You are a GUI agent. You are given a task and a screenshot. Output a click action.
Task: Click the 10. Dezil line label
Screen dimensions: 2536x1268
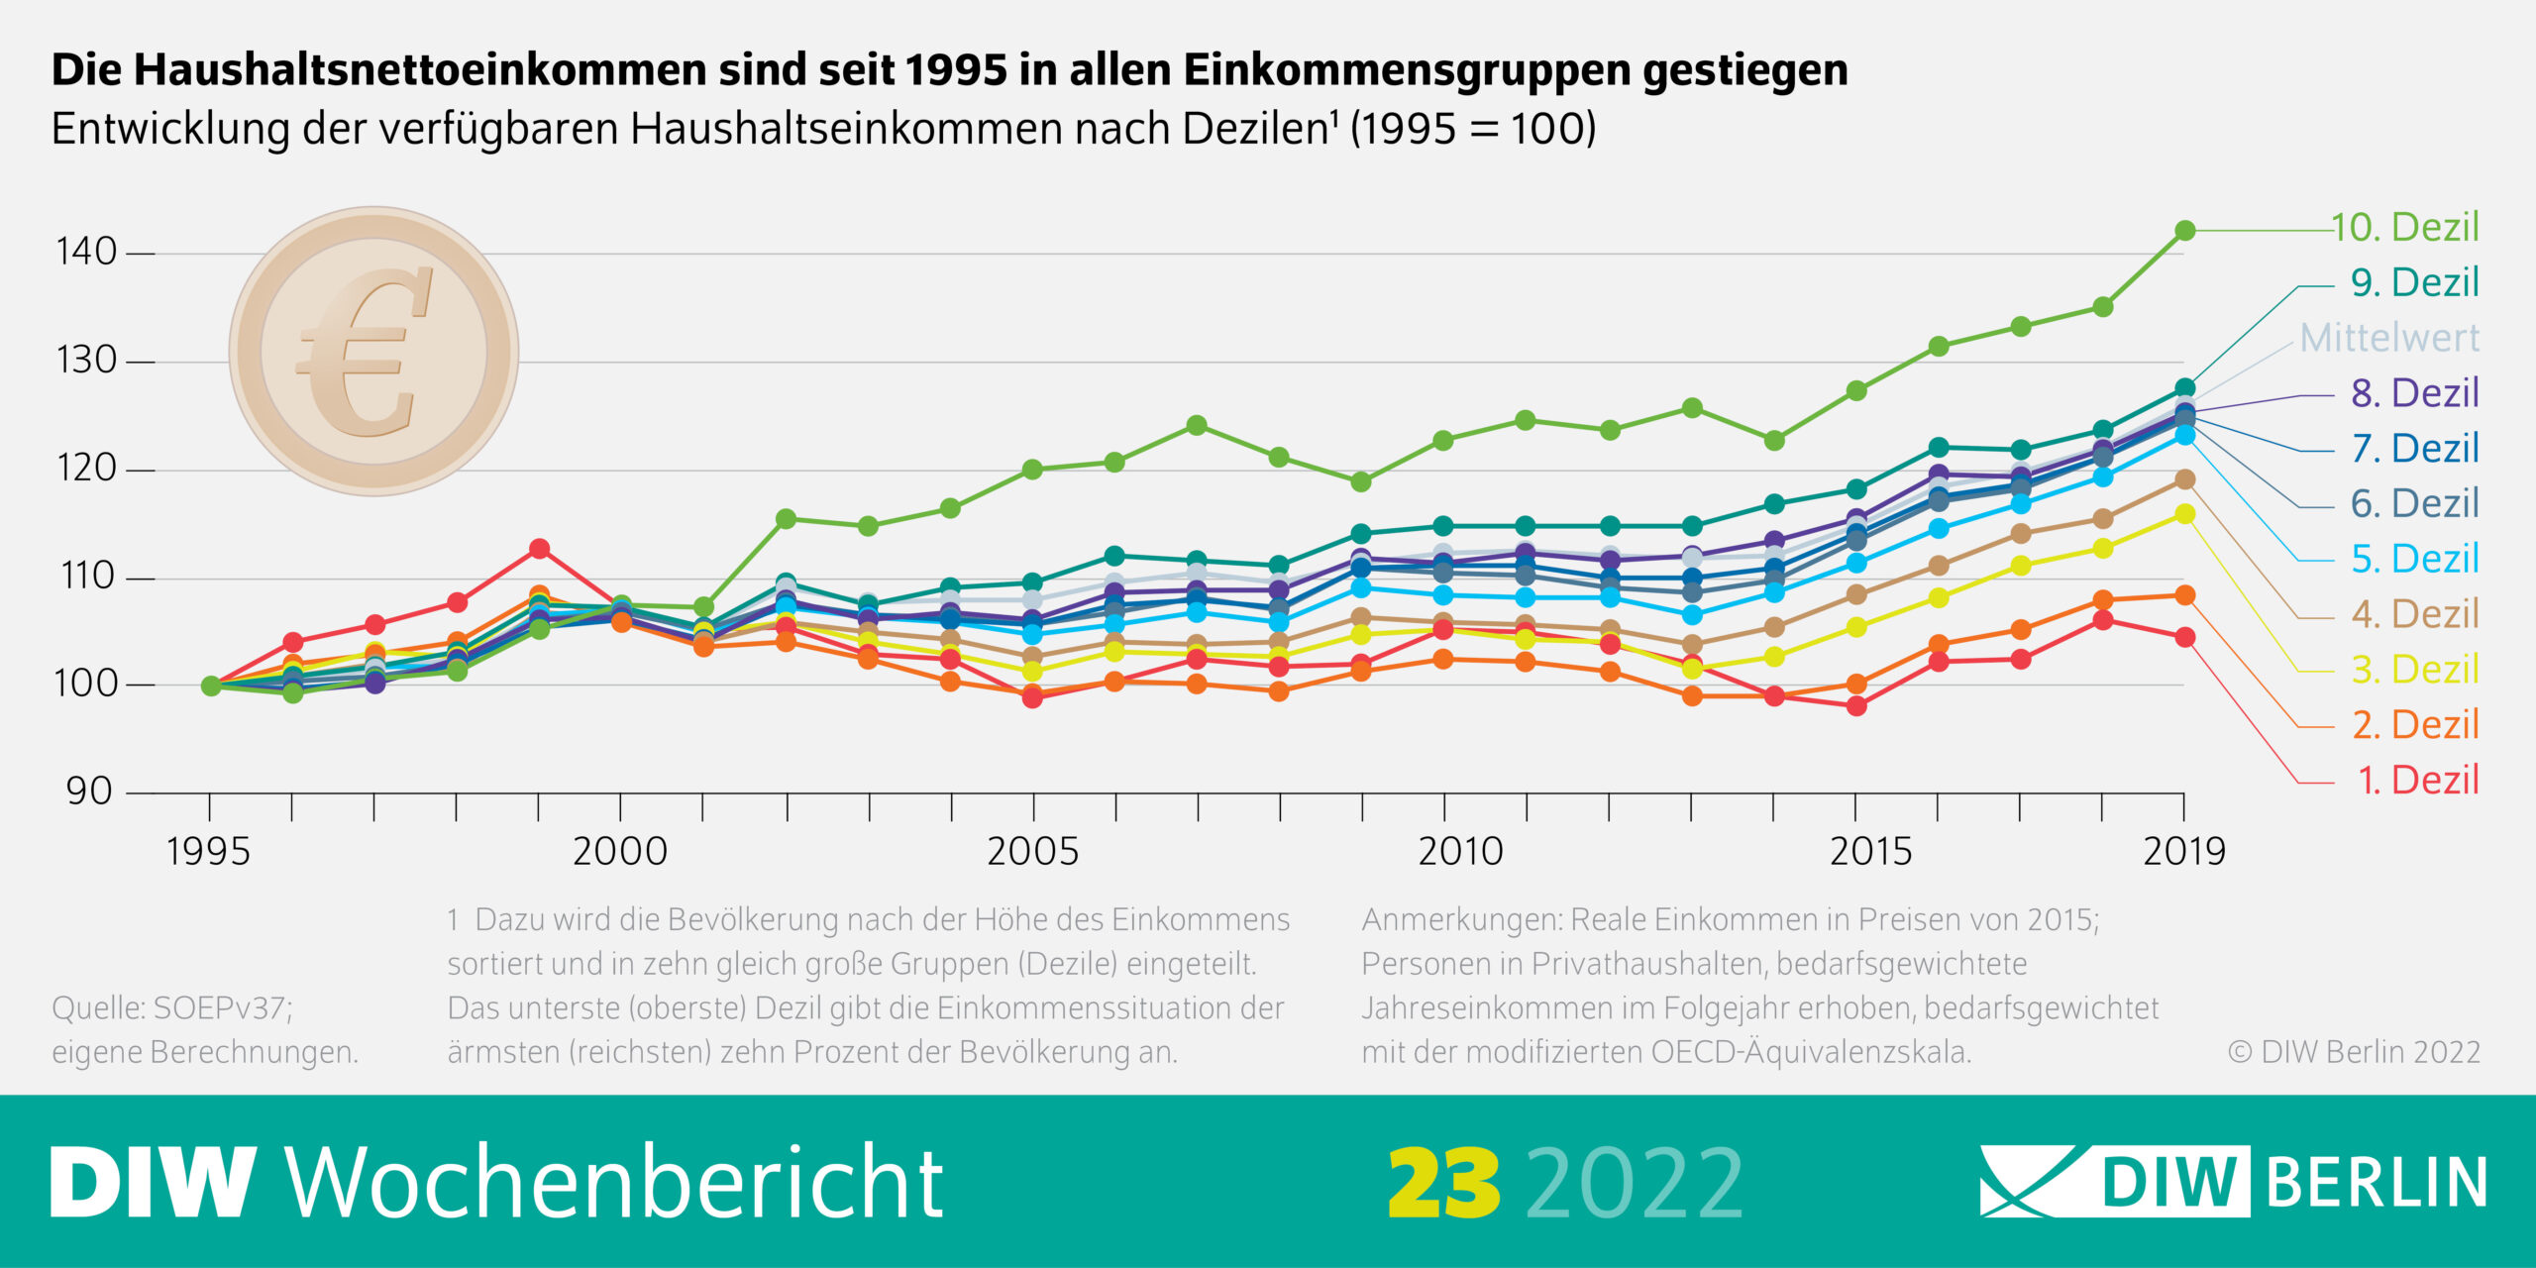[x=2404, y=228]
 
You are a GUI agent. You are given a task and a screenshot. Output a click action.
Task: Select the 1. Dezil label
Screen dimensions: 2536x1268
[x=2418, y=781]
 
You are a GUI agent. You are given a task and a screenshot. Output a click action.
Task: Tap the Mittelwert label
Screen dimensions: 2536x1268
[x=2389, y=339]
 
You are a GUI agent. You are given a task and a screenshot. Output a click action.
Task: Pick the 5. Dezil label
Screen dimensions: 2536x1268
[x=2415, y=560]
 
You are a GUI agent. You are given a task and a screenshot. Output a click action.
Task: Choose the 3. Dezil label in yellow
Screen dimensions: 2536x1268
[x=2415, y=671]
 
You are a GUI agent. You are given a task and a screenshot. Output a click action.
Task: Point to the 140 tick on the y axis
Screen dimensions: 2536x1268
[x=141, y=254]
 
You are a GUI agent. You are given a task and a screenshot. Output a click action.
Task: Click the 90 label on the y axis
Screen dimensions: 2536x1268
[x=89, y=792]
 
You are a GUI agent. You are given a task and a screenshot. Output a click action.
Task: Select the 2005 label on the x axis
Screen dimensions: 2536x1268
[x=1032, y=852]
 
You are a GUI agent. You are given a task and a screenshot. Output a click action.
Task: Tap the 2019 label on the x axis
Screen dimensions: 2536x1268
[x=2183, y=852]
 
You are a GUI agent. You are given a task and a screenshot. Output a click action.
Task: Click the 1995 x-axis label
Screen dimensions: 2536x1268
[x=208, y=852]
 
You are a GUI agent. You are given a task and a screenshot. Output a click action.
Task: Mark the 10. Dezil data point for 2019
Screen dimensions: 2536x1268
[x=2184, y=231]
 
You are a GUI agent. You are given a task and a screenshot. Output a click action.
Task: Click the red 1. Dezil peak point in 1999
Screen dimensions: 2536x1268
[x=539, y=549]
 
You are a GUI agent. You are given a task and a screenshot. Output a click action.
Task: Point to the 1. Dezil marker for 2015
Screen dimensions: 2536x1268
[x=1856, y=706]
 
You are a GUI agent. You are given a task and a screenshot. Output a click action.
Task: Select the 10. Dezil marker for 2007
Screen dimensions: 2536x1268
[x=1197, y=426]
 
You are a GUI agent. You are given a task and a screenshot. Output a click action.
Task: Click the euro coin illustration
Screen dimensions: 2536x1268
[x=374, y=351]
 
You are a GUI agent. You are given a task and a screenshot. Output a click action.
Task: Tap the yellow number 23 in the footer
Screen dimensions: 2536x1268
[x=1444, y=1184]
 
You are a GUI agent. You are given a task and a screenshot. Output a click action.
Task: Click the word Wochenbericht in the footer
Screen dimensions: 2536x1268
[x=614, y=1181]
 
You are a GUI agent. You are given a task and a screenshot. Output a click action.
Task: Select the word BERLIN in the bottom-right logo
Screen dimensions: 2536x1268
[x=2376, y=1182]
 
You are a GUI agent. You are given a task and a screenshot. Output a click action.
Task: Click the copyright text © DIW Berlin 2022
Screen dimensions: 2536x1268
[x=2354, y=1052]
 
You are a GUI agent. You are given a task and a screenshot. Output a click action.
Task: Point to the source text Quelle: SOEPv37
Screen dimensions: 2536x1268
[x=172, y=1008]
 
